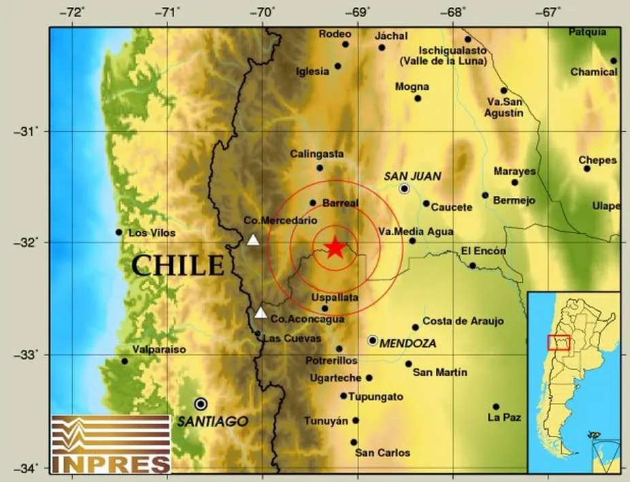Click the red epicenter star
click(x=334, y=247)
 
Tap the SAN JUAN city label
click(x=412, y=176)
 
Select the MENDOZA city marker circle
click(x=373, y=341)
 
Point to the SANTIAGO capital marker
click(x=200, y=404)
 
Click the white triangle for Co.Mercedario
click(x=253, y=239)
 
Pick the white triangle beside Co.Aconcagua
click(x=261, y=313)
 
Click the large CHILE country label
click(x=178, y=265)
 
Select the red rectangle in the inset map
click(x=559, y=342)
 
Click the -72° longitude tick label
click(x=74, y=12)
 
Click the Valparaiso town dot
click(x=125, y=361)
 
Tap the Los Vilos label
click(x=152, y=233)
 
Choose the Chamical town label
click(x=593, y=72)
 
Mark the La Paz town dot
click(x=496, y=407)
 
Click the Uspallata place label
click(x=334, y=298)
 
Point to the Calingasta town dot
click(x=320, y=168)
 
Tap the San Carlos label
click(x=383, y=453)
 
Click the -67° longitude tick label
click(x=550, y=12)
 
